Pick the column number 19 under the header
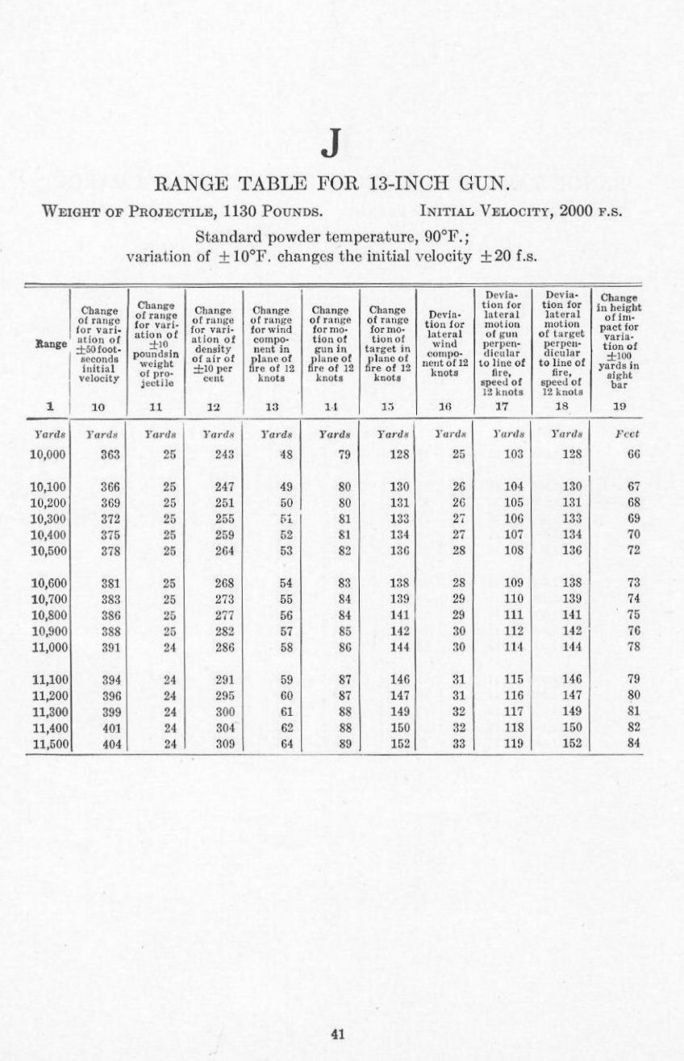click(619, 406)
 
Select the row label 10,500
click(48, 551)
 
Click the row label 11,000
click(48, 647)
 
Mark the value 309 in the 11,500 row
click(225, 743)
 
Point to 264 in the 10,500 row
click(225, 551)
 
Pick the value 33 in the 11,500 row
click(457, 743)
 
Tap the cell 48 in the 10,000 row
click(286, 455)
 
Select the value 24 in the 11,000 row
click(169, 647)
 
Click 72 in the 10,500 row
click(633, 551)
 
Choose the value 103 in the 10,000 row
click(513, 455)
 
